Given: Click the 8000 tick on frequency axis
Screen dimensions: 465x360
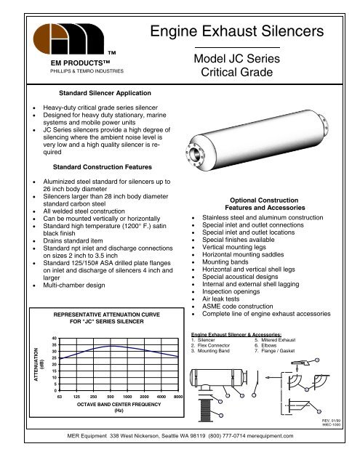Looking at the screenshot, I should point(178,398).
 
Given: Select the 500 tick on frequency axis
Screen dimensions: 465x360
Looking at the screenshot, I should point(109,398).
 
